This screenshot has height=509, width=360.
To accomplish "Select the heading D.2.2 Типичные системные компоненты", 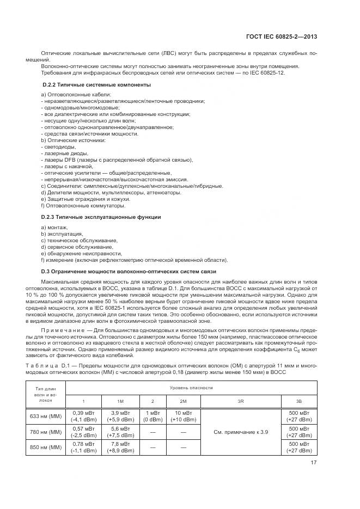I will (x=96, y=85).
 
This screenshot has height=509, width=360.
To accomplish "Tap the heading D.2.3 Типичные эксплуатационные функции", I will (x=101, y=217).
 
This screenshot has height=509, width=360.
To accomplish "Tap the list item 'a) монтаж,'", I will (x=54, y=227).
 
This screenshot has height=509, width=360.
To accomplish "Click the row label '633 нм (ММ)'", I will (x=46, y=416).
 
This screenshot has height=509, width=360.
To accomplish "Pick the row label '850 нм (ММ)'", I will (x=46, y=447).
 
